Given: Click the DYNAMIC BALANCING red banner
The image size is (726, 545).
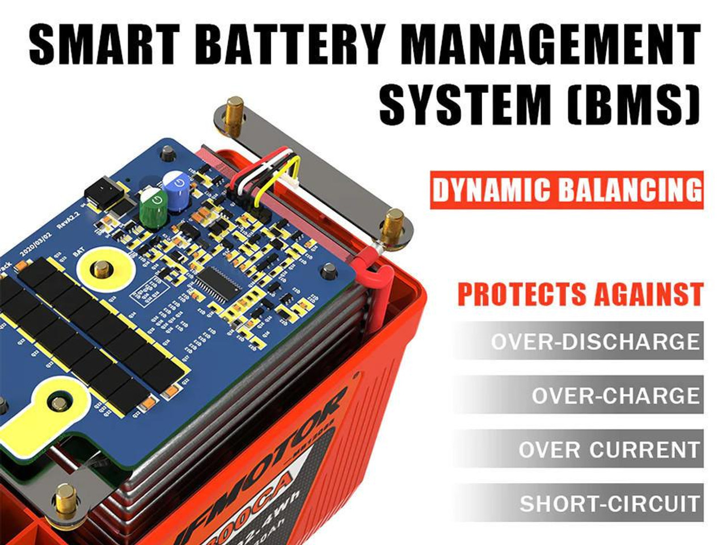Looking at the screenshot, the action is pyautogui.click(x=566, y=190).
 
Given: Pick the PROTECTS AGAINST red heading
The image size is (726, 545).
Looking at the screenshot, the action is pyautogui.click(x=580, y=294).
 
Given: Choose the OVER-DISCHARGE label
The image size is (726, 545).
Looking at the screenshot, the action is pyautogui.click(x=594, y=342).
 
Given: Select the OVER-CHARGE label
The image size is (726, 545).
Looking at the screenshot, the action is pyautogui.click(x=615, y=395).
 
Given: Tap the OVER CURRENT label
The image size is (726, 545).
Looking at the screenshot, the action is pyautogui.click(x=608, y=450).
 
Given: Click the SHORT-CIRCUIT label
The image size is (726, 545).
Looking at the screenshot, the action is pyautogui.click(x=609, y=504).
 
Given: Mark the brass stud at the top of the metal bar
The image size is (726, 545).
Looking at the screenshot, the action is pyautogui.click(x=233, y=110).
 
